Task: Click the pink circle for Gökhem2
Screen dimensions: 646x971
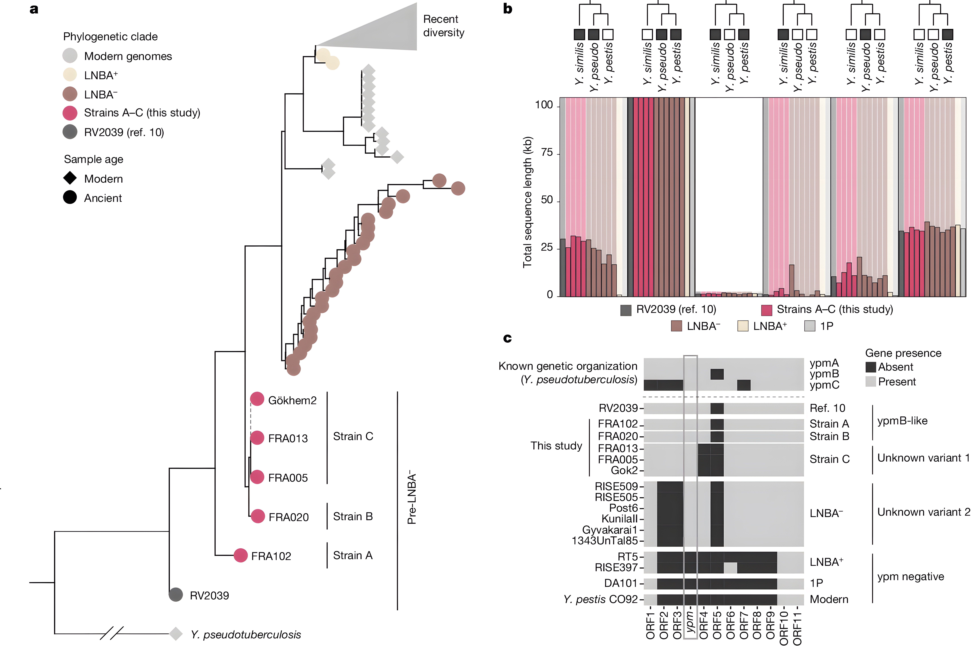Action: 257,399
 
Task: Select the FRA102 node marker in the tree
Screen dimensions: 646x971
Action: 241,555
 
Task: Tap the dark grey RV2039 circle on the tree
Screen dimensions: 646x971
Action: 176,595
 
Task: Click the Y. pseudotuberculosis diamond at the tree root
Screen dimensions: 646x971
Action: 176,634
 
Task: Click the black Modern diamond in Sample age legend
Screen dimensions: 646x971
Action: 70,178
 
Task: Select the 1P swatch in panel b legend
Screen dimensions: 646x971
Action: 810,326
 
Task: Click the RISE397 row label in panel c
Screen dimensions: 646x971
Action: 616,568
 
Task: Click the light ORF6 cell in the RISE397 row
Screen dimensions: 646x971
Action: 730,568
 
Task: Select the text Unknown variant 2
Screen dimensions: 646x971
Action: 923,512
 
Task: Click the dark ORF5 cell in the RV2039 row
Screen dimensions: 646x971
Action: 717,408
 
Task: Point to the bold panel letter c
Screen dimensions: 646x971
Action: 508,339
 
